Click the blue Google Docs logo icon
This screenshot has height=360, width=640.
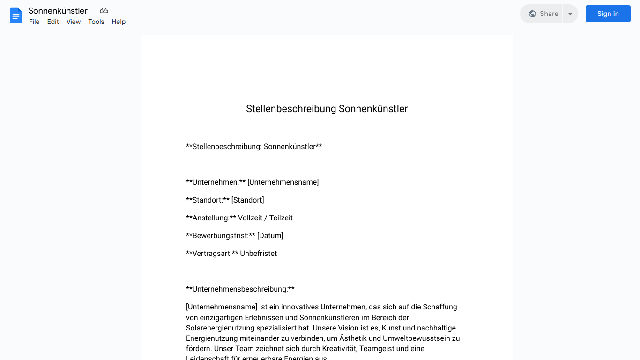[16, 15]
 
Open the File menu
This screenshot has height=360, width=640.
[34, 22]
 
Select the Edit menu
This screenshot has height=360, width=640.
[53, 22]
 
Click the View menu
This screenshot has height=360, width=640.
[74, 22]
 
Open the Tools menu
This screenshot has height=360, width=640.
[96, 22]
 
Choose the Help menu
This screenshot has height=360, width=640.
[119, 22]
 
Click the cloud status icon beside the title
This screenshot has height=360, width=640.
[104, 11]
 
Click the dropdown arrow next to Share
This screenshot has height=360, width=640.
[570, 14]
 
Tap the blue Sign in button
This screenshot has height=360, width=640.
[608, 14]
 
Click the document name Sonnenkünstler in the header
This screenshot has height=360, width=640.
[58, 11]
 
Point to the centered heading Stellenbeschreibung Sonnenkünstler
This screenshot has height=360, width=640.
[327, 109]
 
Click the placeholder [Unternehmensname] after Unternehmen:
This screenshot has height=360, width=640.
[283, 182]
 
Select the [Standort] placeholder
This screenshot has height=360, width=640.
[247, 200]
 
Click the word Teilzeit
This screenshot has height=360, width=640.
[281, 218]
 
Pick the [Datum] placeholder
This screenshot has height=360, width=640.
[270, 236]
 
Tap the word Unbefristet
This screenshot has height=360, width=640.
[258, 254]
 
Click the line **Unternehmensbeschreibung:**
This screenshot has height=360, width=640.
[240, 289]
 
